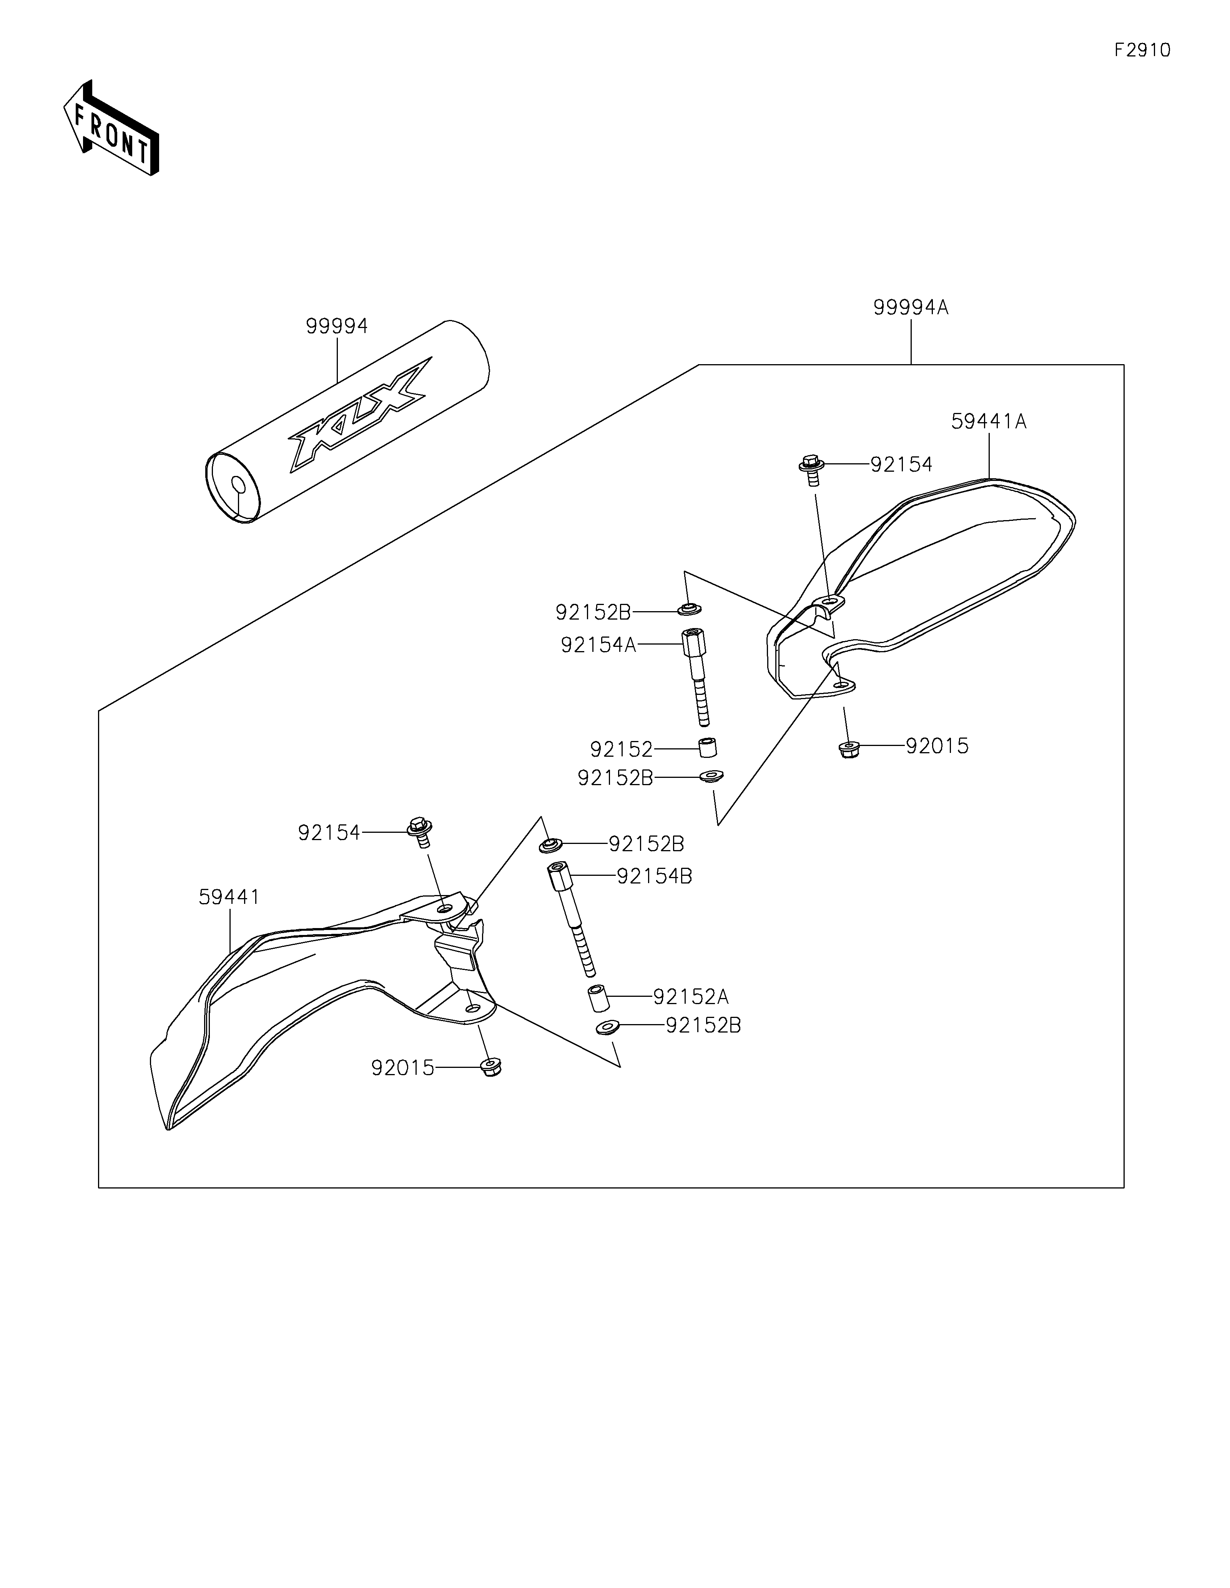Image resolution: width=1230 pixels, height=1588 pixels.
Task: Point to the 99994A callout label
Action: (x=911, y=308)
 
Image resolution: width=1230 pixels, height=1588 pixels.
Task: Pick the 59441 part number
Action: (x=229, y=897)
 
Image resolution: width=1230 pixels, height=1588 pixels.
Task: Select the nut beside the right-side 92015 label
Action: (x=847, y=750)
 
